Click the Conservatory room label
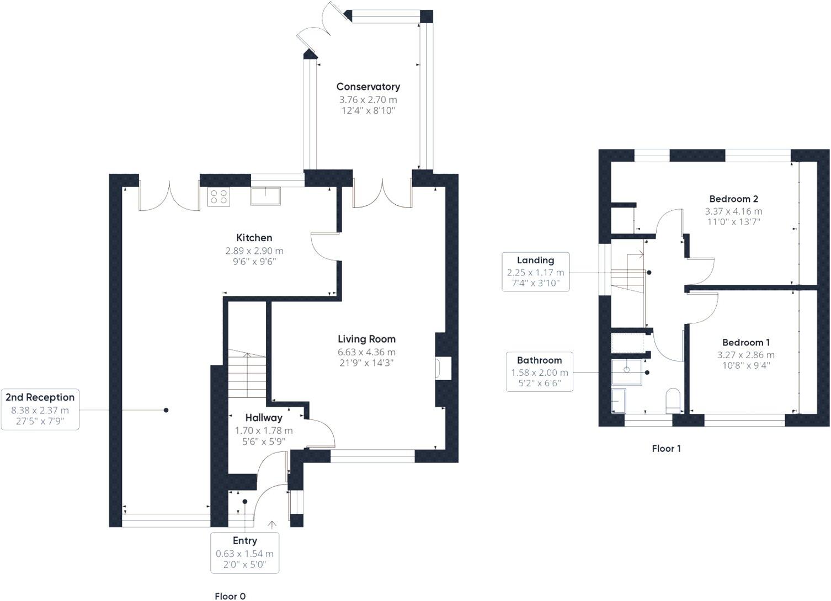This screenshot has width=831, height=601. [x=368, y=87]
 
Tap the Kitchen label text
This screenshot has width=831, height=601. [x=254, y=238]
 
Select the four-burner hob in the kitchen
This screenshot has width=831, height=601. [x=219, y=197]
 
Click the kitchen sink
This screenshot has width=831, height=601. [x=265, y=196]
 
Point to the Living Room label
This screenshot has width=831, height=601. [x=366, y=339]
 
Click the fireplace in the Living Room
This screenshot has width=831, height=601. [x=443, y=369]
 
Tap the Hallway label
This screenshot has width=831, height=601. [x=264, y=418]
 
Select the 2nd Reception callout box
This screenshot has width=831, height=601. [x=40, y=409]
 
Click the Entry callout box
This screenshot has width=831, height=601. [x=244, y=552]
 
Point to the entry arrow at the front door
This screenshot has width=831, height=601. [x=272, y=525]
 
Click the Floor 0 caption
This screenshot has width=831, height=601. [x=230, y=596]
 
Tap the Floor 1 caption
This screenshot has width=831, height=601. [x=666, y=449]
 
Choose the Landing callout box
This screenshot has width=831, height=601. [x=535, y=272]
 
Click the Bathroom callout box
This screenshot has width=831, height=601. [x=539, y=371]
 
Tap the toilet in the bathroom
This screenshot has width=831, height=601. [x=673, y=400]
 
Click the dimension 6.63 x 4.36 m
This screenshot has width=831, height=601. [x=366, y=352]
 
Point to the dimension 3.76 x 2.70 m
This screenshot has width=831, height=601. [x=368, y=100]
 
